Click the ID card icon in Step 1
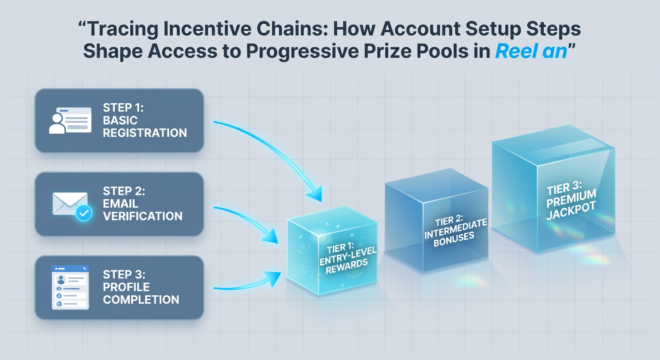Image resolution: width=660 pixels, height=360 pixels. (70, 120)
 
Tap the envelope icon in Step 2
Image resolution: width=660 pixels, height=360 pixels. (70, 203)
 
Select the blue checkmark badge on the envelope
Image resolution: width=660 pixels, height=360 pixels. (84, 213)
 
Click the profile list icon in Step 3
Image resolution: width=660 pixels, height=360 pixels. (70, 287)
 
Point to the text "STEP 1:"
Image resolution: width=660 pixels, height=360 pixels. (123, 107)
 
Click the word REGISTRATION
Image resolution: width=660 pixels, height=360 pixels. (145, 133)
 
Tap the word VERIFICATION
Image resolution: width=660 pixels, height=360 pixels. (142, 216)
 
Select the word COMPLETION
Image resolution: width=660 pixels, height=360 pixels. (141, 300)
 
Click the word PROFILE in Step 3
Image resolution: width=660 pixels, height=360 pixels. (126, 287)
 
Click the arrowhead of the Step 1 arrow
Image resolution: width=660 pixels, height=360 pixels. (315, 194)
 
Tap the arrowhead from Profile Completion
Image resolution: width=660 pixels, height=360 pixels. (272, 278)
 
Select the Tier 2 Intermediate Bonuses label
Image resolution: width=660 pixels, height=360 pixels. (455, 231)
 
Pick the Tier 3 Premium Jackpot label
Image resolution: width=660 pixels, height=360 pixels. (571, 200)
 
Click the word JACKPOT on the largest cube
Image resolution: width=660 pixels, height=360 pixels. (571, 211)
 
